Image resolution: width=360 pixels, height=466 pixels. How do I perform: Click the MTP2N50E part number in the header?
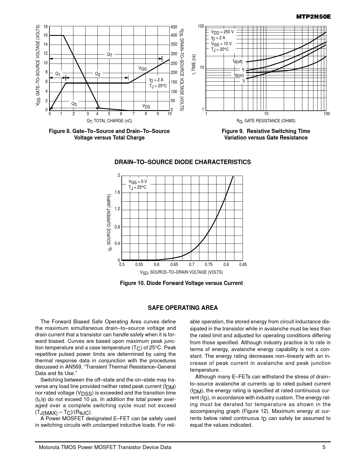tap(313, 17)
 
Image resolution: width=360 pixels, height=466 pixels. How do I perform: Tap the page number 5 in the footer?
tap(324, 447)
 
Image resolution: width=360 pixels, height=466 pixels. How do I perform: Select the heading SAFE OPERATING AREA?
tap(183, 308)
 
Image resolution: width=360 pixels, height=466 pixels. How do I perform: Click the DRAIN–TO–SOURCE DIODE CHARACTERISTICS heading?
tap(182, 162)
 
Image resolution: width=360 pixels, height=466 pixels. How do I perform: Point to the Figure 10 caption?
tap(181, 283)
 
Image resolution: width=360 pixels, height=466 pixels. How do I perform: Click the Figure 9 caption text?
tap(266, 134)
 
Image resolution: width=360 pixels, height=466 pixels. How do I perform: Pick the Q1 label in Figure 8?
tap(58, 74)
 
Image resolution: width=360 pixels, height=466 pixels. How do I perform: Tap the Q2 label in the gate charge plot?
tap(98, 74)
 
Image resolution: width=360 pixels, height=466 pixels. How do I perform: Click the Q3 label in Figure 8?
tap(74, 104)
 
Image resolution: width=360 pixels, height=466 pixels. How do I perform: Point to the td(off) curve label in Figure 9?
tap(238, 61)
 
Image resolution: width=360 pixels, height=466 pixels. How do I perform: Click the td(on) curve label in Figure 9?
tap(239, 75)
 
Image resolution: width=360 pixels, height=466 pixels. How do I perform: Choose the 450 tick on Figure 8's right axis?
tap(174, 27)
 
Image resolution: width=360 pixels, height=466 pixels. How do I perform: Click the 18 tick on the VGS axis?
tap(46, 27)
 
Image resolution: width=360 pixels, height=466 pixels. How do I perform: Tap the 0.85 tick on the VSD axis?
tap(243, 265)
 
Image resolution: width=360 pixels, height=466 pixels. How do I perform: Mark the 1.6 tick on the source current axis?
tap(117, 192)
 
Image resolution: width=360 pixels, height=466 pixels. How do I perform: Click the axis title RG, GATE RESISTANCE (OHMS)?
tap(266, 121)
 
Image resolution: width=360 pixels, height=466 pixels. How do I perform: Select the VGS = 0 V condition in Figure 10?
tap(138, 182)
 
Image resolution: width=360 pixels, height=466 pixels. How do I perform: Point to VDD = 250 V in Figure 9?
tap(222, 32)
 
